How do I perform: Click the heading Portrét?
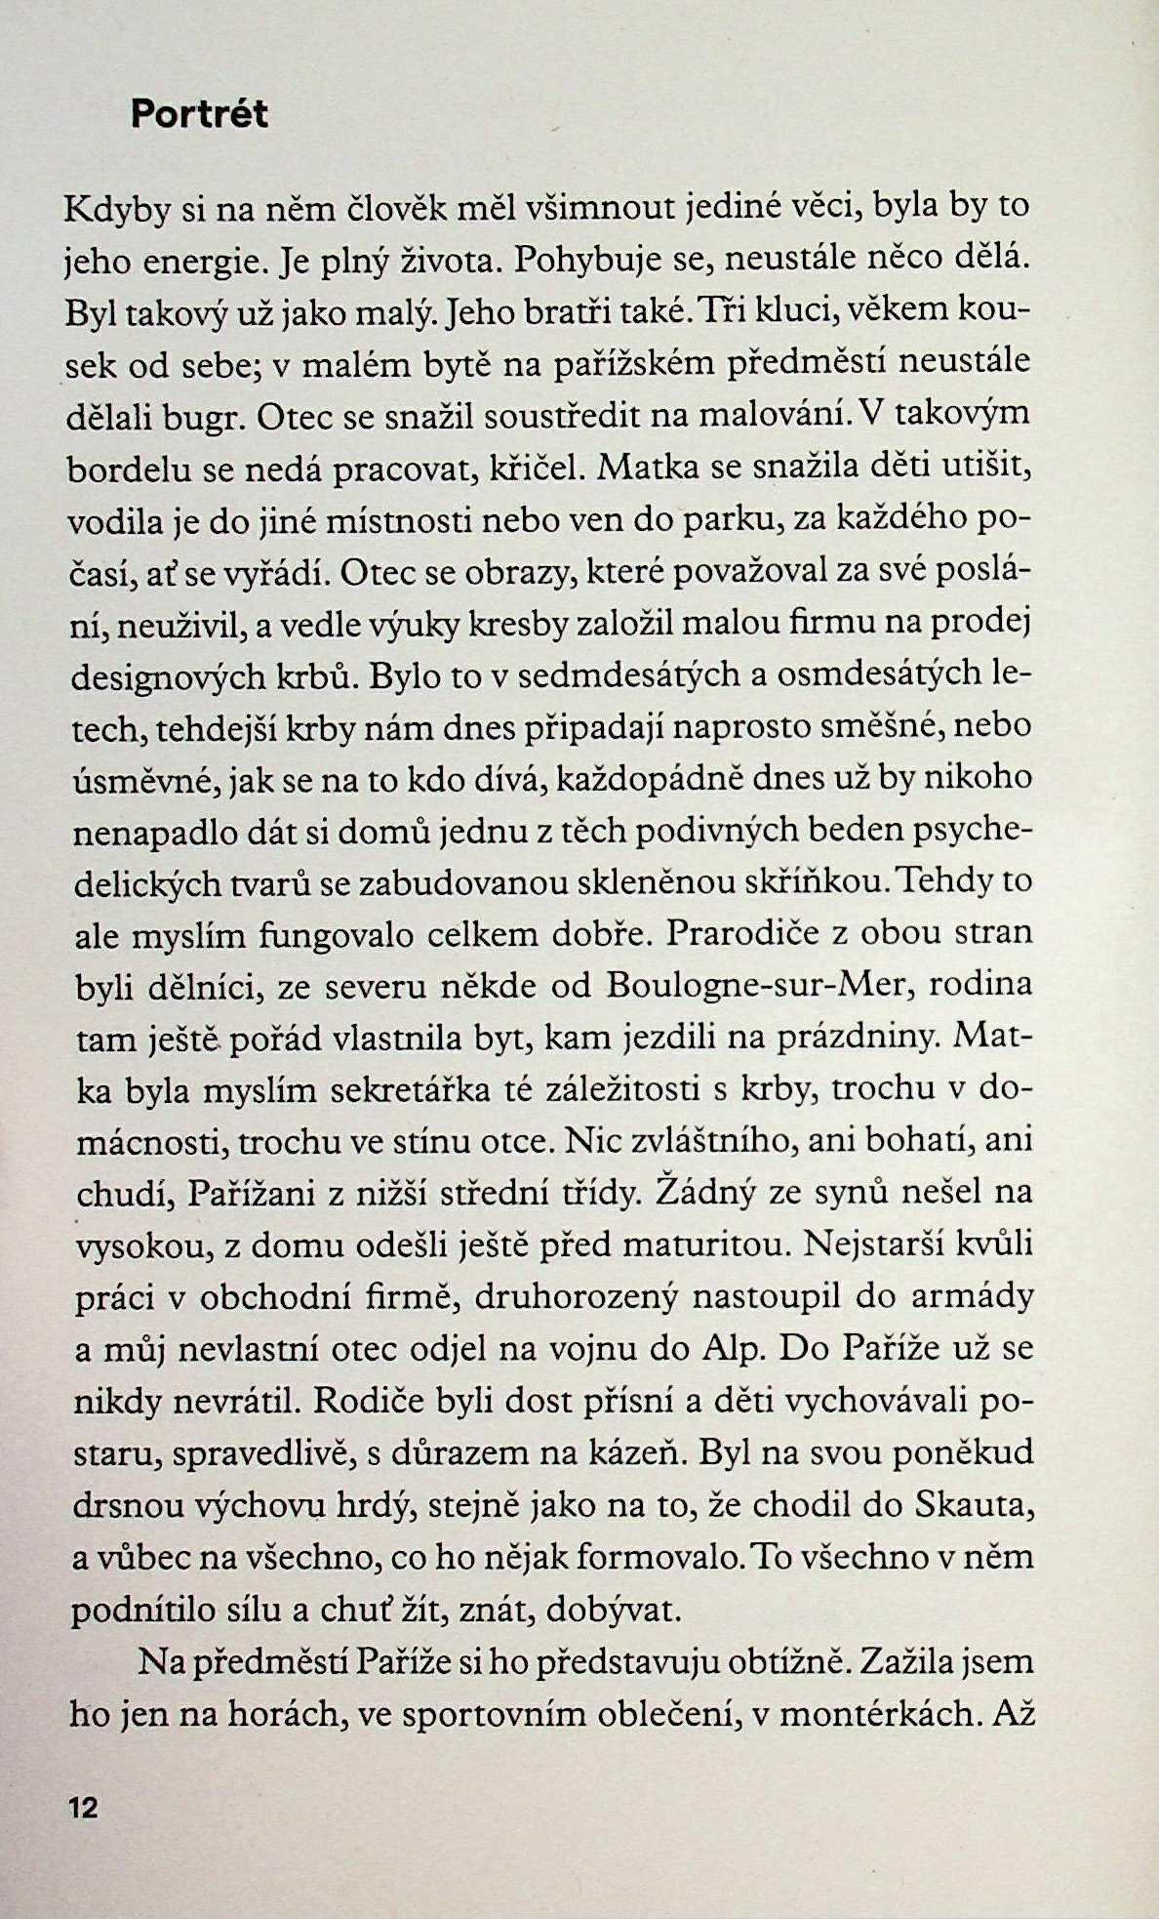[199, 115]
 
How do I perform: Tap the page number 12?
[84, 1808]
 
